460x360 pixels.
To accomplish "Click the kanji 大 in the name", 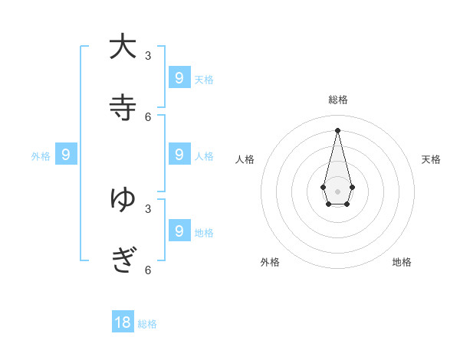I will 123,46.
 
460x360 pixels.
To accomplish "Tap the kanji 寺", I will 123,107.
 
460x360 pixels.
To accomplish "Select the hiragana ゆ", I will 123,198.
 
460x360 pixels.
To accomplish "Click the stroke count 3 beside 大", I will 148,55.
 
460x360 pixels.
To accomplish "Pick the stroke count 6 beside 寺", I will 148,116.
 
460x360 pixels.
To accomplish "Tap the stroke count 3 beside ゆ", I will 148,208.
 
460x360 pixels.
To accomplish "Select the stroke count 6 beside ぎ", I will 148,270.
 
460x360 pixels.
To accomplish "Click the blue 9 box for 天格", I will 179,77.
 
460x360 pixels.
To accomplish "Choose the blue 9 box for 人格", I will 179,154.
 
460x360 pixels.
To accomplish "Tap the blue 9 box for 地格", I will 179,230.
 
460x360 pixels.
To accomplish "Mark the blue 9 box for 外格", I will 66,154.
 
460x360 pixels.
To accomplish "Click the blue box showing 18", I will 123,322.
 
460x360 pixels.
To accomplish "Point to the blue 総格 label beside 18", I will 147,324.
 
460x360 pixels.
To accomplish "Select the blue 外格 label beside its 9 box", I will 41,156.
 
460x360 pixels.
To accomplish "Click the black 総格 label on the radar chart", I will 337,100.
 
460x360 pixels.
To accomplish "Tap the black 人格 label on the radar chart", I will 245,159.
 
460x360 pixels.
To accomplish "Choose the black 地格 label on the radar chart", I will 402,262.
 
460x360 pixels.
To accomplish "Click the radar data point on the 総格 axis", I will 337,129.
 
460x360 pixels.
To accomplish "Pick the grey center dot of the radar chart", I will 337,191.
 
